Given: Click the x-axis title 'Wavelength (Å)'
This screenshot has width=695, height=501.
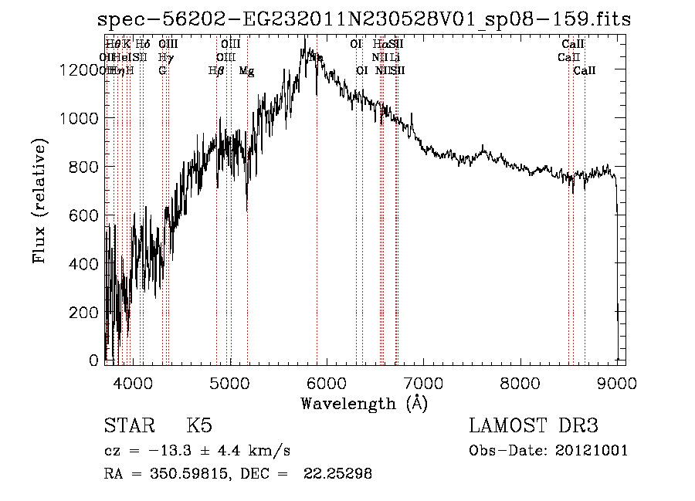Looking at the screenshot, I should click(x=364, y=403).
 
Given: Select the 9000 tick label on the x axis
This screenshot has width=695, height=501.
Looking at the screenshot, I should click(x=616, y=381).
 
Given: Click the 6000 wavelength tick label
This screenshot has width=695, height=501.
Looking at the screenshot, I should click(x=327, y=381).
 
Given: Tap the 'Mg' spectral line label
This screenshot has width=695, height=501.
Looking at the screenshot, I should click(x=246, y=71).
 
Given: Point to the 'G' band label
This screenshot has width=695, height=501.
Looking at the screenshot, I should click(x=162, y=71).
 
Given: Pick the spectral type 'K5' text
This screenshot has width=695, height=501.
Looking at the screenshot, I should click(x=199, y=426).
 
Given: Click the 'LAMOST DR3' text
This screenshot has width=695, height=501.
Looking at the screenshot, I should click(x=533, y=426).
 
